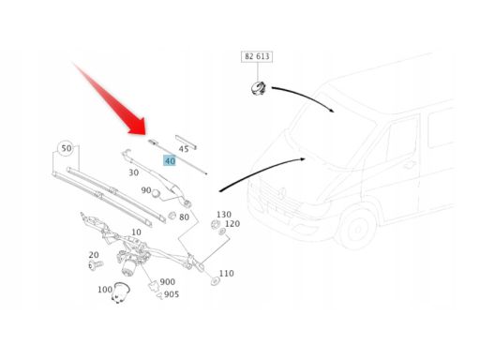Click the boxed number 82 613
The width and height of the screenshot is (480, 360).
pyautogui.click(x=257, y=56)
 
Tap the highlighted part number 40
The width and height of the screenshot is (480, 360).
pyautogui.click(x=170, y=161)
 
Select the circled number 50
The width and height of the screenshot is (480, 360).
pyautogui.click(x=66, y=148)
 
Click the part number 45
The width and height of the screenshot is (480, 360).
pyautogui.click(x=184, y=149)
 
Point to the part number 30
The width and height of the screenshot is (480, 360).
pyautogui.click(x=134, y=172)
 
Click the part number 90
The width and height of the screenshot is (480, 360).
pyautogui.click(x=146, y=190)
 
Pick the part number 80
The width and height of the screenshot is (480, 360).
pyautogui.click(x=184, y=217)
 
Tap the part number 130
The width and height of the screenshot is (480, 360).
pyautogui.click(x=224, y=215)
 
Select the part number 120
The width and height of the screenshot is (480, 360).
pyautogui.click(x=232, y=224)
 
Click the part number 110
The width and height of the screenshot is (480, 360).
pyautogui.click(x=226, y=274)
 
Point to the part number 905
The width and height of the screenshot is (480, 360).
pyautogui.click(x=172, y=294)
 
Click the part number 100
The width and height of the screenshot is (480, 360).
pyautogui.click(x=105, y=290)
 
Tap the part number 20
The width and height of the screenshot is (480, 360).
pyautogui.click(x=94, y=255)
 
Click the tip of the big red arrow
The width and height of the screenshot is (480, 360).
pyautogui.click(x=145, y=135)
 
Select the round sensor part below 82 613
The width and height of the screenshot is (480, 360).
pyautogui.click(x=259, y=88)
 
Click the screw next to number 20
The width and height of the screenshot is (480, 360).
pyautogui.click(x=96, y=265)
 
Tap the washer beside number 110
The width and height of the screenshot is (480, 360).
pyautogui.click(x=215, y=281)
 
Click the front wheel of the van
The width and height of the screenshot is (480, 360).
pyautogui.click(x=356, y=230)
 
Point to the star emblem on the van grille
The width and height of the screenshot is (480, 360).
pyautogui.click(x=283, y=193)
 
